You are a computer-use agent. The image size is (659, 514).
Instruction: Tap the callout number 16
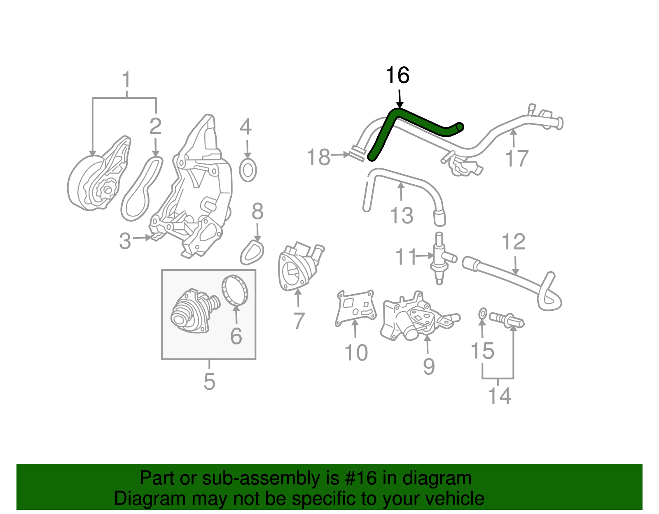tap(397, 76)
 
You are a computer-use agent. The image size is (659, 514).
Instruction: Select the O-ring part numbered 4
tap(248, 171)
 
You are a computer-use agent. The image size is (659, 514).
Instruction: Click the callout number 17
tap(516, 159)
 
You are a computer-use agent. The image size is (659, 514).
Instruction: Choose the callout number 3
tap(125, 241)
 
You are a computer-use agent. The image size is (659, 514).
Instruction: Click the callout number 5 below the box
tap(209, 382)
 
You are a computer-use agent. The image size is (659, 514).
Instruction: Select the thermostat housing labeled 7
tap(299, 267)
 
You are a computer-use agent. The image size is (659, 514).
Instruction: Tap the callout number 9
tap(429, 366)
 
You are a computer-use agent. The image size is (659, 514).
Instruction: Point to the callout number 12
tap(514, 242)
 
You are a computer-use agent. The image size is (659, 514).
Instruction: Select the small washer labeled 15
tap(483, 314)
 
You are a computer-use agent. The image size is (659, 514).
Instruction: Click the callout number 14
tap(499, 396)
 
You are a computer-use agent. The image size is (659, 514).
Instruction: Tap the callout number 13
tap(401, 216)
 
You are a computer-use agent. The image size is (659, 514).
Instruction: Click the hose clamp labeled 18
tap(357, 154)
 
